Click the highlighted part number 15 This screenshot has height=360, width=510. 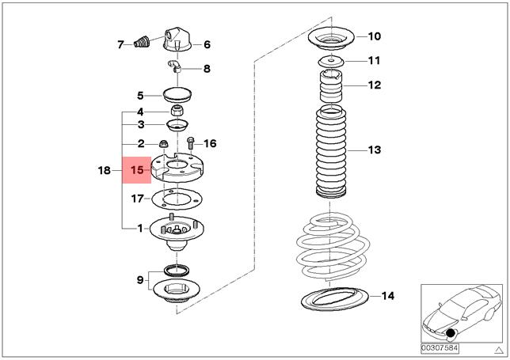tap(137, 169)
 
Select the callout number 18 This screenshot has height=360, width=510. tap(105, 169)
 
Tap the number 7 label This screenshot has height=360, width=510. tap(121, 44)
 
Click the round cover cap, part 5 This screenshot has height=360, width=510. tap(176, 96)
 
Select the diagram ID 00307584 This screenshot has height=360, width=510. tap(440, 347)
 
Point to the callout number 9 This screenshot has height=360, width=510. tap(139, 279)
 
